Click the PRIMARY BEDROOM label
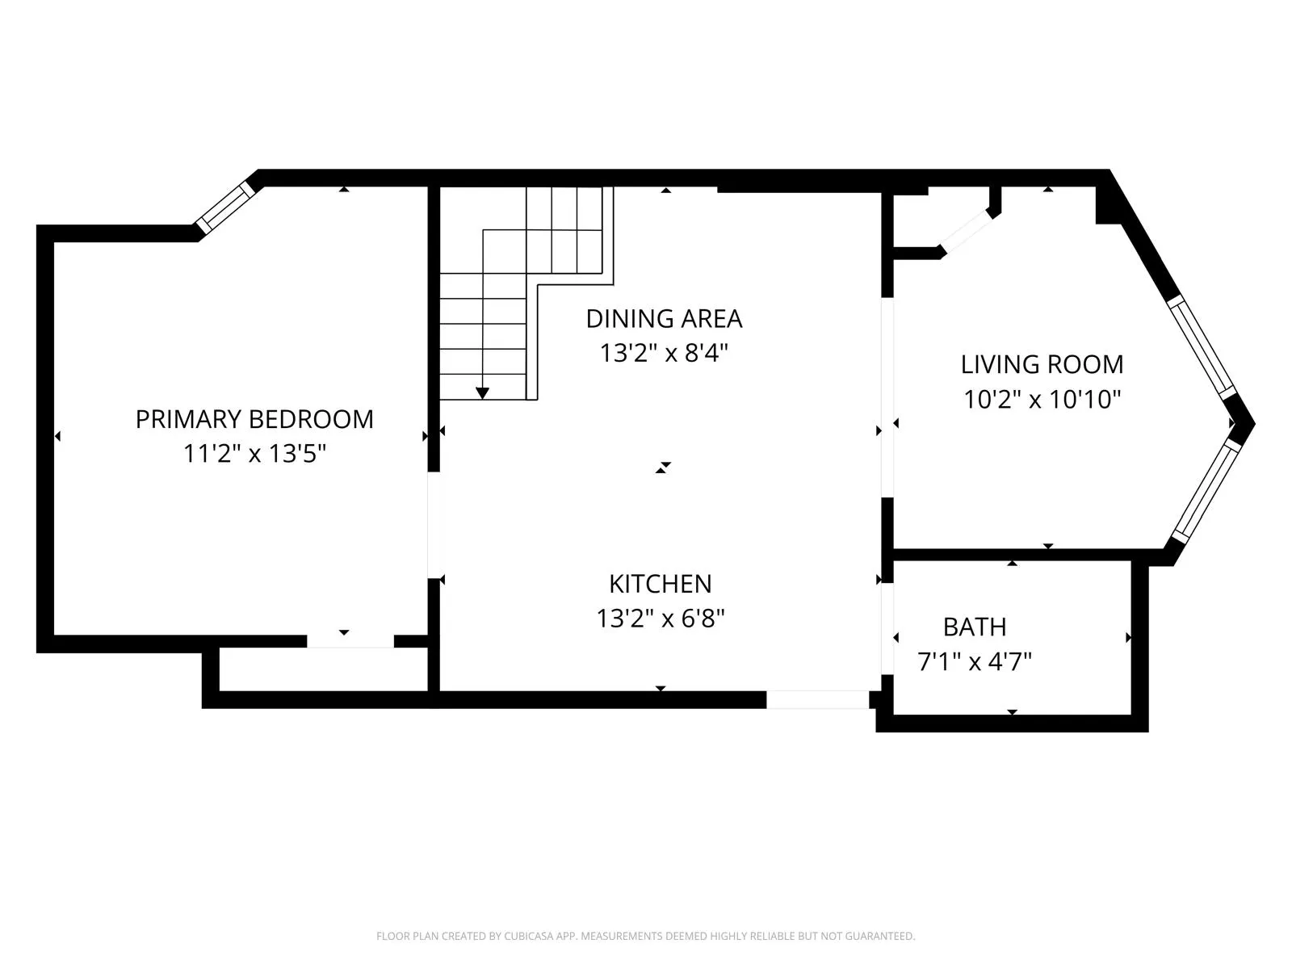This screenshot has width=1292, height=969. [254, 419]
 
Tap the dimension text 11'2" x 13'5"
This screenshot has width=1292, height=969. [254, 454]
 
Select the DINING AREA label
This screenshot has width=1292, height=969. [664, 319]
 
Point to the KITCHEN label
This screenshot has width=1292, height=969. [660, 584]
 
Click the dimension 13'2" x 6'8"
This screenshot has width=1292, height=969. [660, 619]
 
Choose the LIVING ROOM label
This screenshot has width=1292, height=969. [1042, 364]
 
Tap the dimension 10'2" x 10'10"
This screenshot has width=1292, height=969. [1042, 399]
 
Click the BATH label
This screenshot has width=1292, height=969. [975, 627]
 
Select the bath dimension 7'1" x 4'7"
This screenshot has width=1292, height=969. [975, 662]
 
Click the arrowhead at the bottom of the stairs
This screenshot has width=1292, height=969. [482, 393]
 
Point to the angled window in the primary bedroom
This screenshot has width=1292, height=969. [227, 208]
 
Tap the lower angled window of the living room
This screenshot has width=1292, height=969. [1205, 491]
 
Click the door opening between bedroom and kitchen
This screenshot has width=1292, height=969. [434, 525]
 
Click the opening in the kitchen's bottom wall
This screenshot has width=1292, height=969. [816, 699]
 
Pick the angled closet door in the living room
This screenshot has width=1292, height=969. [966, 233]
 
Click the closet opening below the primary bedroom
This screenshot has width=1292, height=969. [350, 641]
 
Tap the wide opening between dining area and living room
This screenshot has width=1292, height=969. [887, 397]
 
